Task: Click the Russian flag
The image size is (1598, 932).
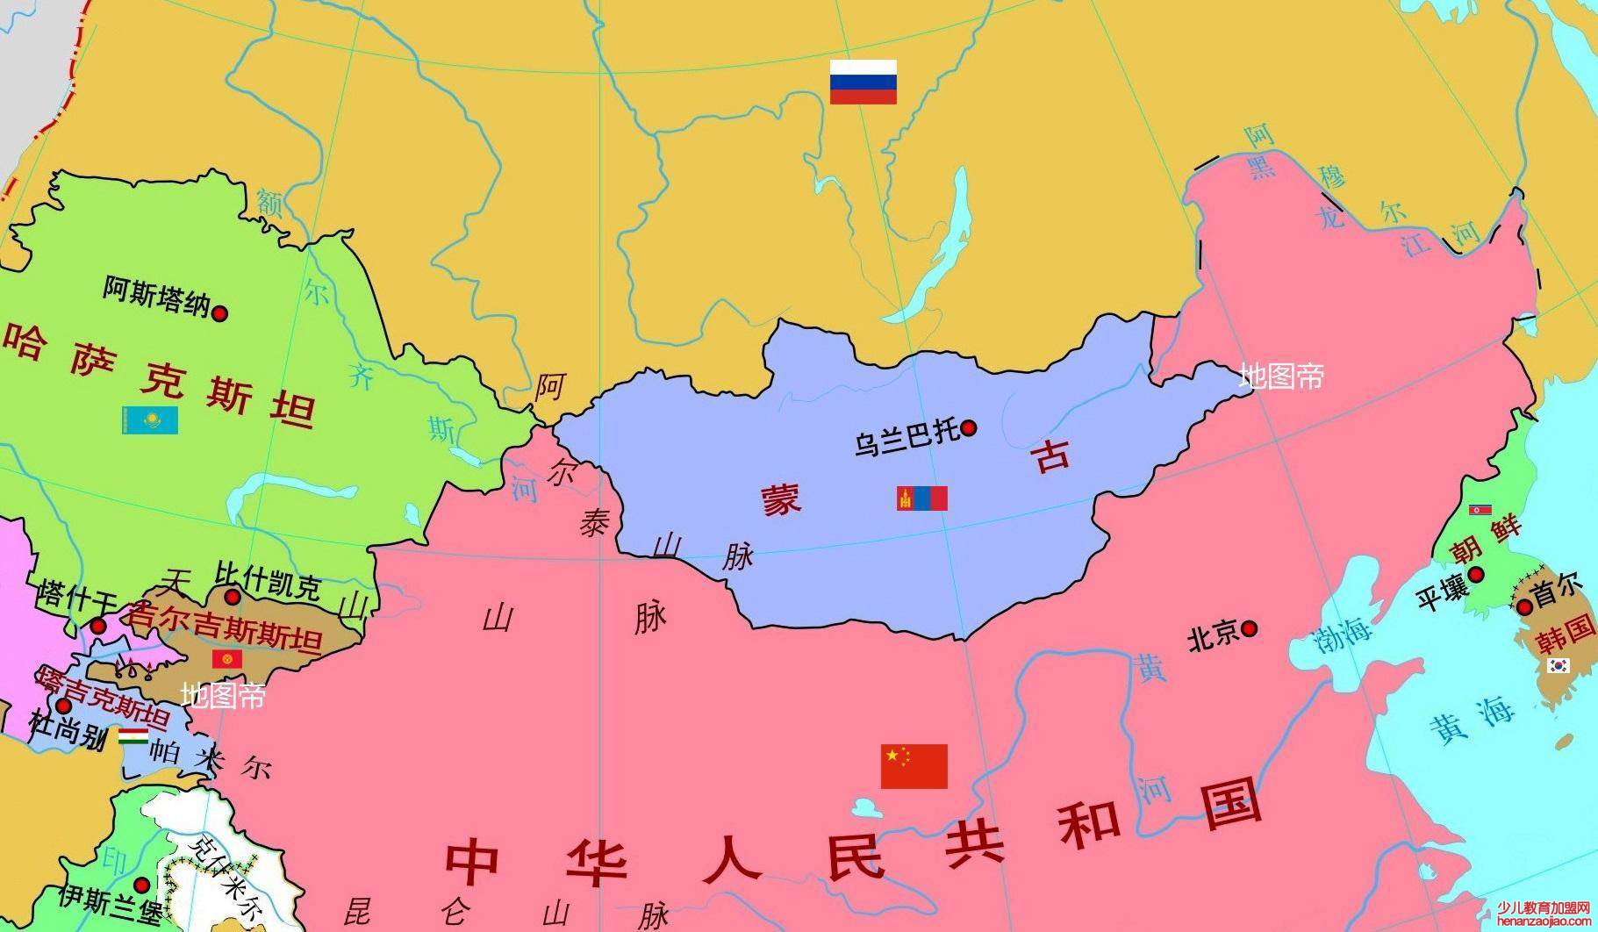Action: click(863, 82)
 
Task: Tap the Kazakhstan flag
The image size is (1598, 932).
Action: click(150, 419)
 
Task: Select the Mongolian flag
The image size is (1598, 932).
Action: click(922, 498)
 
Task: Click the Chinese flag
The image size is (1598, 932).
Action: click(914, 766)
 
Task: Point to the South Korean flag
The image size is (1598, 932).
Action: click(1559, 665)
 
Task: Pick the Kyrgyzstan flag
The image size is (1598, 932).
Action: click(227, 658)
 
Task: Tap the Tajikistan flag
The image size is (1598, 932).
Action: click(133, 736)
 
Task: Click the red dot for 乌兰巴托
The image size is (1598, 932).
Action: click(969, 428)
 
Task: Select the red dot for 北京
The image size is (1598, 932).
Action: click(1249, 628)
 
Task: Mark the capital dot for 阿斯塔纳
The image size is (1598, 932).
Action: click(220, 312)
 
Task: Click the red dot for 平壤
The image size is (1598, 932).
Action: click(1476, 575)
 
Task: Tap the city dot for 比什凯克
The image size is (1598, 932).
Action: click(232, 597)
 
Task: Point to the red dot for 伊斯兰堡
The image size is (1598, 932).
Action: click(141, 885)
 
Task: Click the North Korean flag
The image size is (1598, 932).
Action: click(1480, 510)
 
